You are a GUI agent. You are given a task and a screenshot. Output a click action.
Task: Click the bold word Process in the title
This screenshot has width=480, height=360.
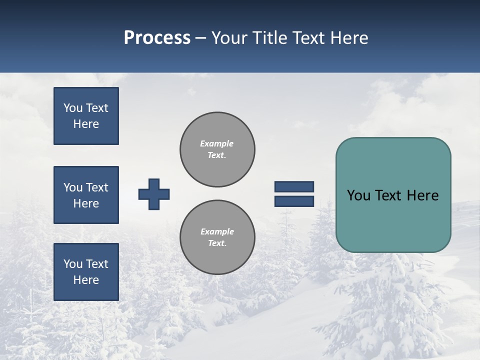click(x=157, y=38)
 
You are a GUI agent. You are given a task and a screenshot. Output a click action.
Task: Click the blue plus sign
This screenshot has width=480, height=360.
click(x=154, y=194)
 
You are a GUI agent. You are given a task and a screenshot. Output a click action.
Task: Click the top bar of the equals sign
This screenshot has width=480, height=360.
click(x=294, y=187)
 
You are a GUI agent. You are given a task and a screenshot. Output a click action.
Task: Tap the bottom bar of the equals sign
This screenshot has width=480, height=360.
click(x=294, y=201)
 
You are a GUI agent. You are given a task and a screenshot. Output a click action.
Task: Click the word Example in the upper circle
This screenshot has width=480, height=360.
click(x=217, y=143)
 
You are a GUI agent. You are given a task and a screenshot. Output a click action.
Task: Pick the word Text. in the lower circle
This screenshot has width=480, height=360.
click(x=217, y=243)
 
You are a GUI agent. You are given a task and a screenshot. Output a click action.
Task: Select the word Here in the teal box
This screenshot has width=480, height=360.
click(x=422, y=195)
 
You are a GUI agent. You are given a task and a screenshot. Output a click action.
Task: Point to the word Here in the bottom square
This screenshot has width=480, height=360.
click(x=86, y=280)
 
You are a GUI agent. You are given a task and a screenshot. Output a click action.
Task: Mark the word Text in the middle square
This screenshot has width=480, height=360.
click(x=97, y=187)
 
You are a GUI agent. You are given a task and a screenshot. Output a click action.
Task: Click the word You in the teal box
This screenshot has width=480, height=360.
click(x=358, y=195)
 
